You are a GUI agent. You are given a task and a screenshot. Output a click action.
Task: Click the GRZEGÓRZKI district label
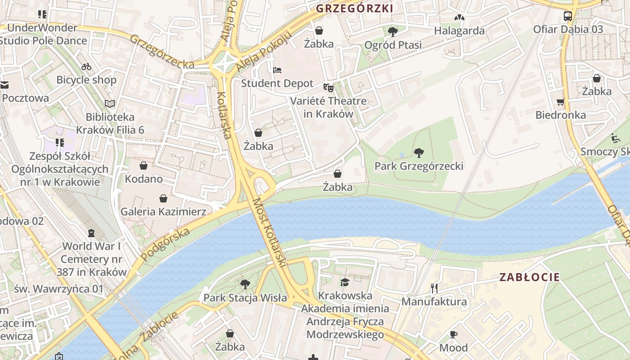click(x=354, y=9)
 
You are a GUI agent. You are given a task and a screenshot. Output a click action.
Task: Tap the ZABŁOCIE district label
click(x=530, y=277)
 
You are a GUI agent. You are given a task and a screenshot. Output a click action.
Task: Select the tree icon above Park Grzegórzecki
click(x=419, y=153)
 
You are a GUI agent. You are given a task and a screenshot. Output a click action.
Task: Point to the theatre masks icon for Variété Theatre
click(x=328, y=87)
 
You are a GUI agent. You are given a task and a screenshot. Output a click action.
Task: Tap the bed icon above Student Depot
click(x=278, y=70)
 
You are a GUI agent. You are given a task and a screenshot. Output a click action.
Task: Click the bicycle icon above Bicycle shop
click(x=86, y=67)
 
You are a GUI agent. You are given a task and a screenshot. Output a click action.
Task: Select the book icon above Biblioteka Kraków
click(x=110, y=103)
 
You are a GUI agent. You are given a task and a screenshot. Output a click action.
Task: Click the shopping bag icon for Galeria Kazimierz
click(x=163, y=198)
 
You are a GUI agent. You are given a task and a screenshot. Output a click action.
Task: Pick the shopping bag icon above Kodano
click(x=144, y=166)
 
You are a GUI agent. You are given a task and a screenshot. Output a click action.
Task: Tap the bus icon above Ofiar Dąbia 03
click(x=568, y=16)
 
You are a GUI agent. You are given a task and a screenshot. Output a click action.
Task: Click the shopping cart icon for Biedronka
click(x=560, y=102)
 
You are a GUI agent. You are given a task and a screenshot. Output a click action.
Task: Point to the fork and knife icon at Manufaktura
click(x=434, y=288)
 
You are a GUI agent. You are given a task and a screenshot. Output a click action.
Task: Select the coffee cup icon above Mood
click(x=454, y=334)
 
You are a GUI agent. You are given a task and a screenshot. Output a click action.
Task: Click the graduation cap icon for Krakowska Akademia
click(x=345, y=282)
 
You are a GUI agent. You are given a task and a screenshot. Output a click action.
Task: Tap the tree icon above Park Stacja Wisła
click(x=245, y=284)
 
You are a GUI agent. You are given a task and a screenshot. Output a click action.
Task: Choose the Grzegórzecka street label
click(x=162, y=52)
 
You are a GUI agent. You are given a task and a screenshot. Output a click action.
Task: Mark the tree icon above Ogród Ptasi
click(x=393, y=31)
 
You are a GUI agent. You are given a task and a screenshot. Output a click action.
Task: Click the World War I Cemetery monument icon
click(x=91, y=233)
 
